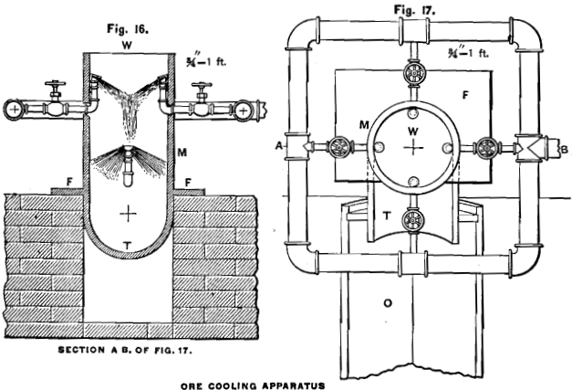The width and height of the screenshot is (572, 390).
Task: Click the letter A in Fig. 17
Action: click(x=277, y=145)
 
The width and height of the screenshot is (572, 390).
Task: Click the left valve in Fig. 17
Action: click(x=340, y=147)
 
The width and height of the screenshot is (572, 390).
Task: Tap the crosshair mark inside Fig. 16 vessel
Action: click(x=130, y=211)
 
